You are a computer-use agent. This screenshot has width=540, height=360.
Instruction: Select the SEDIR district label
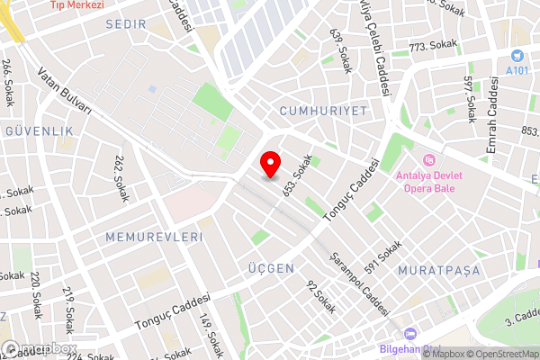click(x=125, y=24)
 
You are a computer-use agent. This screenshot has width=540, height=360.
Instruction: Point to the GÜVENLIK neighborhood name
click(x=39, y=130)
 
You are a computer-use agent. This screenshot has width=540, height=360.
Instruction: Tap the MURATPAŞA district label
click(x=440, y=270)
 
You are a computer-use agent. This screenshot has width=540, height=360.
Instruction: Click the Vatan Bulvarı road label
click(x=65, y=93)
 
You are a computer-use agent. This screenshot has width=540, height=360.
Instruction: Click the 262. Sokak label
click(x=121, y=175)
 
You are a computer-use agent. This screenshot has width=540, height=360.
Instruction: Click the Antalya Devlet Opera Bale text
click(x=428, y=182)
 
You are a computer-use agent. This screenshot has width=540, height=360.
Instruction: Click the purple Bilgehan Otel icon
click(x=409, y=334)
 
